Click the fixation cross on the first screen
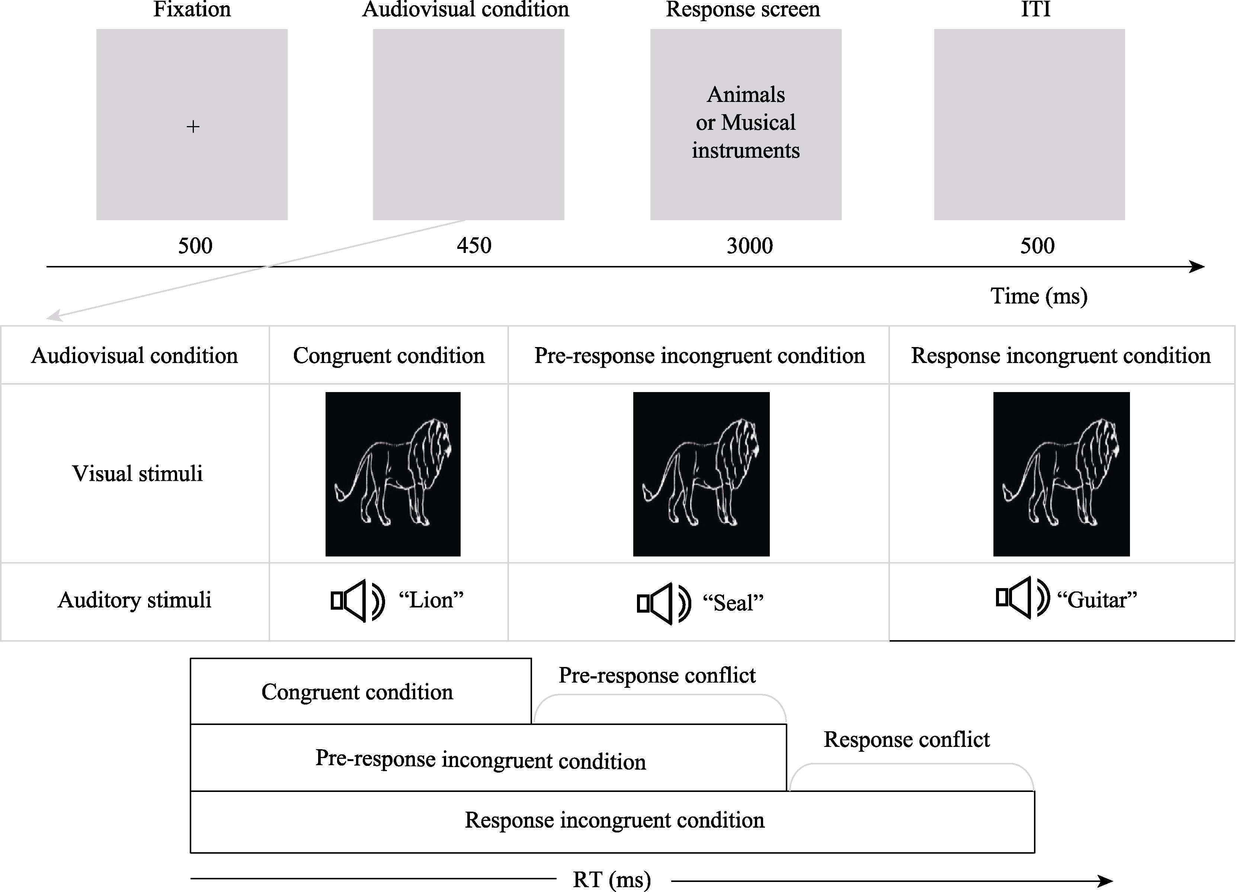pyautogui.click(x=193, y=127)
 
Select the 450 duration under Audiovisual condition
pyautogui.click(x=474, y=246)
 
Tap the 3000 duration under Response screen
pyautogui.click(x=749, y=246)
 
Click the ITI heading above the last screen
pyautogui.click(x=1035, y=9)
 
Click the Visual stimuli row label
pyautogui.click(x=137, y=474)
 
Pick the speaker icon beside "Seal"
pyautogui.click(x=663, y=604)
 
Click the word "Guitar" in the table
pyautogui.click(x=1096, y=600)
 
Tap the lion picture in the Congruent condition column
pyautogui.click(x=393, y=474)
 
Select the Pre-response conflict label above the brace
pyautogui.click(x=657, y=676)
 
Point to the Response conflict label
pyautogui.click(x=906, y=739)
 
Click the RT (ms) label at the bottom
pyautogui.click(x=611, y=879)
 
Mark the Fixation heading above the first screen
pyautogui.click(x=192, y=9)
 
